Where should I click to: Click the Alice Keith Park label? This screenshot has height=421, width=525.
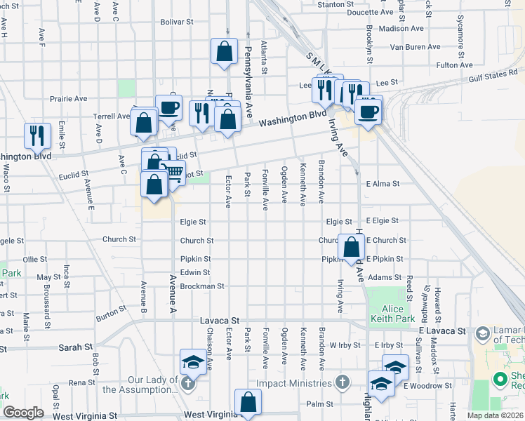(392, 314)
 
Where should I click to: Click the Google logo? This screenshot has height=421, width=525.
(23, 413)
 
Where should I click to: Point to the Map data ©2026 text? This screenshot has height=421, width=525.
(493, 415)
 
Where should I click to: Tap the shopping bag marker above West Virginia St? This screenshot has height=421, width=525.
(248, 402)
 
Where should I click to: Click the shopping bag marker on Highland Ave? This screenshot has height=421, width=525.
(352, 247)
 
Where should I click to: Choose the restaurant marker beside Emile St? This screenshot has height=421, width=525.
(37, 135)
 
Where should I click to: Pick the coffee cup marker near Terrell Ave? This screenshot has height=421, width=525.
(168, 107)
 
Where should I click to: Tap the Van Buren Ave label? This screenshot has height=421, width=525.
(416, 47)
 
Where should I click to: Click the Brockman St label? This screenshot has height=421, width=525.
(201, 286)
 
